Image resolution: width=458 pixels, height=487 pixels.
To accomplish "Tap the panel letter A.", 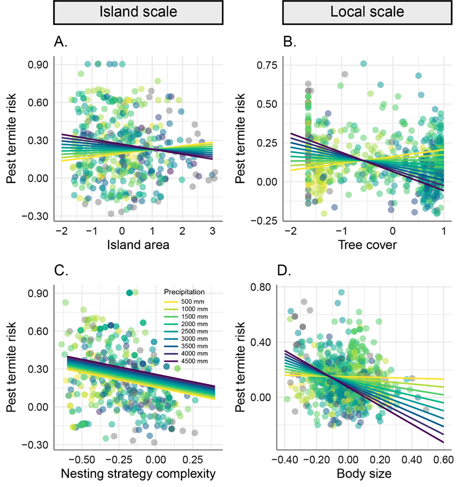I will pyautogui.click(x=61, y=42).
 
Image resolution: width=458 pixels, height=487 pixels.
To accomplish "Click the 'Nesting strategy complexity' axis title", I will pyautogui.click(x=138, y=474).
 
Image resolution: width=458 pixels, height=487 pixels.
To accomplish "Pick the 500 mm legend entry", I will pyautogui.click(x=179, y=301).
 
